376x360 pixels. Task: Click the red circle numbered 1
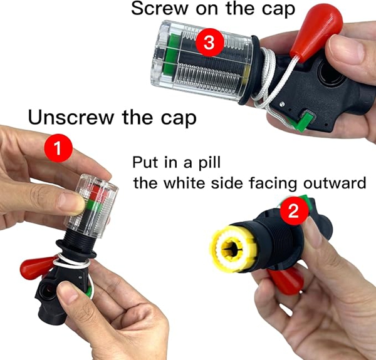(x=58, y=148)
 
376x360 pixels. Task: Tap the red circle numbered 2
(x=295, y=211)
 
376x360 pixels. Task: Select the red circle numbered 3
(x=210, y=43)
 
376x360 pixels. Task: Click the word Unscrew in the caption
(x=71, y=117)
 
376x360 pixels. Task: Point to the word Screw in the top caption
(x=160, y=9)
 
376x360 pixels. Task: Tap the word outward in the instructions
(x=335, y=183)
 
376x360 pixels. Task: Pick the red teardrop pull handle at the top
(x=316, y=31)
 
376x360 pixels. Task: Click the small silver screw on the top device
(x=283, y=104)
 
